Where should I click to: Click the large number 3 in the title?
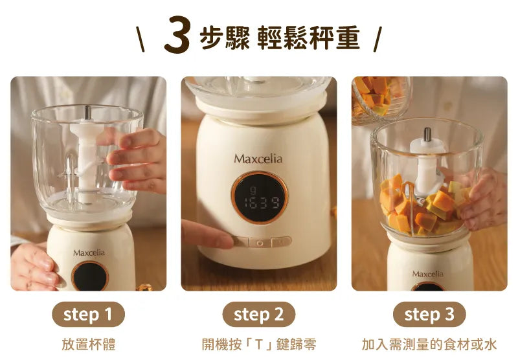tap(177, 35)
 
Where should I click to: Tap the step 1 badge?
tap(88, 314)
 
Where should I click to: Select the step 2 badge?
tap(258, 314)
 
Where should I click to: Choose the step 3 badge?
tap(429, 314)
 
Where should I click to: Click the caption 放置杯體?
tap(89, 344)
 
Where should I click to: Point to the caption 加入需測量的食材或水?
tap(429, 344)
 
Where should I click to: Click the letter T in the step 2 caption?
tap(259, 344)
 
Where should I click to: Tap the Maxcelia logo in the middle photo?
tap(258, 159)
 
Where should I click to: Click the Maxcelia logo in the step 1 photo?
tap(89, 253)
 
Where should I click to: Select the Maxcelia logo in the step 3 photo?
tap(428, 274)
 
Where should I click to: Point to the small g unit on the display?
tap(253, 190)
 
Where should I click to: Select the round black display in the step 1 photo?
tap(90, 276)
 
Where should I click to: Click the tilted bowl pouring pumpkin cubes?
tap(380, 100)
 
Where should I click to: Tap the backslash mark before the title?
tap(141, 39)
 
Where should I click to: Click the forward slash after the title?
tap(377, 39)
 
